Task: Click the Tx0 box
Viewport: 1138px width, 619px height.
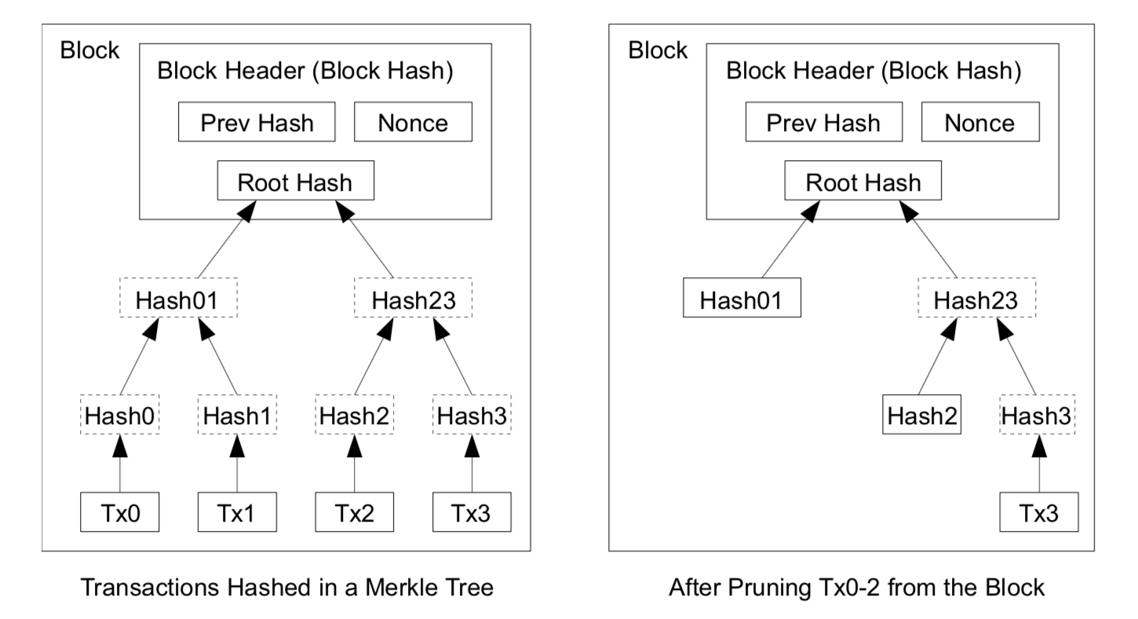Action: (x=119, y=511)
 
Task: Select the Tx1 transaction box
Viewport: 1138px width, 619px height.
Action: (x=237, y=511)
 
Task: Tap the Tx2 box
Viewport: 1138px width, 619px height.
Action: (x=355, y=511)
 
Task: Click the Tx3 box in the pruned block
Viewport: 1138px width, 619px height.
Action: (x=1039, y=511)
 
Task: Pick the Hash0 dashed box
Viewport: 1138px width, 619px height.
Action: (x=119, y=415)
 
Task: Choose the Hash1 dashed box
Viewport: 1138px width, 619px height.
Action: (x=237, y=415)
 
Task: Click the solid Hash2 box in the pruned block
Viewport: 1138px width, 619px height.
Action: (x=921, y=415)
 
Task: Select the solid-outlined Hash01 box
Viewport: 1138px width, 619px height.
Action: (x=742, y=298)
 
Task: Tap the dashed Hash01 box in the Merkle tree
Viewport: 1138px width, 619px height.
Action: (x=178, y=298)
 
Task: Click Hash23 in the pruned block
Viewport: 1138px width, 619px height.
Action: (x=976, y=298)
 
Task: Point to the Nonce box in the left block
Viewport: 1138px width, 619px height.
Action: (x=413, y=122)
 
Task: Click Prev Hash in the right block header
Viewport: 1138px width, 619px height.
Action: (x=824, y=122)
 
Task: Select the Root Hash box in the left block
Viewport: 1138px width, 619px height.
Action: (x=296, y=181)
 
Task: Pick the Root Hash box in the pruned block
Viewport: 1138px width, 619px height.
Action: (x=863, y=181)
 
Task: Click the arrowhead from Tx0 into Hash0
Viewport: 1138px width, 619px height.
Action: (x=120, y=445)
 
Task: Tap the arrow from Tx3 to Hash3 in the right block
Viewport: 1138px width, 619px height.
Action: (x=1039, y=463)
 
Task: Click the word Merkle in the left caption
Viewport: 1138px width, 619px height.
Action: (x=397, y=588)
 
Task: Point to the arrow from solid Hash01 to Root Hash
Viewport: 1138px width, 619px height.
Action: (x=791, y=239)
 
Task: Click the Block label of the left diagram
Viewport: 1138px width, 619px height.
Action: (x=89, y=50)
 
